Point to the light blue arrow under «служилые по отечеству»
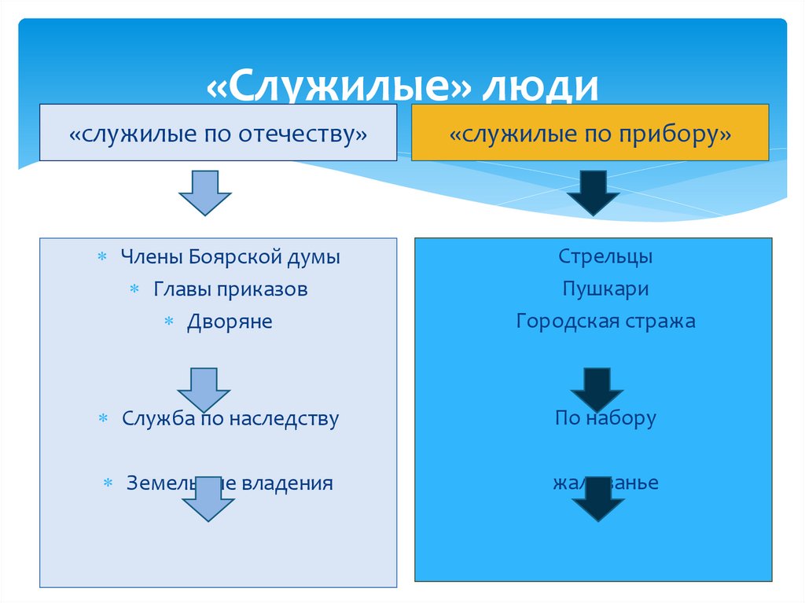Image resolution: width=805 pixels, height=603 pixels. pos(204,193)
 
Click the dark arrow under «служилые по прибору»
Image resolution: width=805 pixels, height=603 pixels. pos(594,193)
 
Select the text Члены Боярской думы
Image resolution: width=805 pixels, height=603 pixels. pos(230,257)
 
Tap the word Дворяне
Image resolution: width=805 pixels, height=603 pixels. pos(230,322)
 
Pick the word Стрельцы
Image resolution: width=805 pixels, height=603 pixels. pos(606,257)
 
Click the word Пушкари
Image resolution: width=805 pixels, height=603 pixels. pos(605,289)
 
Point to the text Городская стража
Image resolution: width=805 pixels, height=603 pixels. pos(605,321)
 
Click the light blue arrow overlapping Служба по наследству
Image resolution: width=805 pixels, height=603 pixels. pos(204,389)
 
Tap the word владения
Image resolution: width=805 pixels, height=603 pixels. pos(292,484)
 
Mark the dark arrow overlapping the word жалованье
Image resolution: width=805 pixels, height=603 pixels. pos(597,499)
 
